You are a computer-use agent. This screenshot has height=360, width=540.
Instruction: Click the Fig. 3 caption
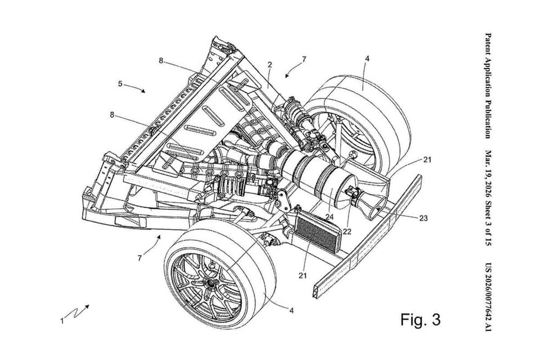pyautogui.click(x=420, y=320)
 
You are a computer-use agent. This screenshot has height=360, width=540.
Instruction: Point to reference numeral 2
pyautogui.click(x=269, y=65)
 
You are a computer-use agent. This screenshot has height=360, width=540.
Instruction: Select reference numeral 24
pyautogui.click(x=330, y=217)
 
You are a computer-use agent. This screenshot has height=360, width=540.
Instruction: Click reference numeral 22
pyautogui.click(x=346, y=231)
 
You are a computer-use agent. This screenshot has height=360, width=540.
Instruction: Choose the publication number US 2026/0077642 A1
pyautogui.click(x=487, y=297)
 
